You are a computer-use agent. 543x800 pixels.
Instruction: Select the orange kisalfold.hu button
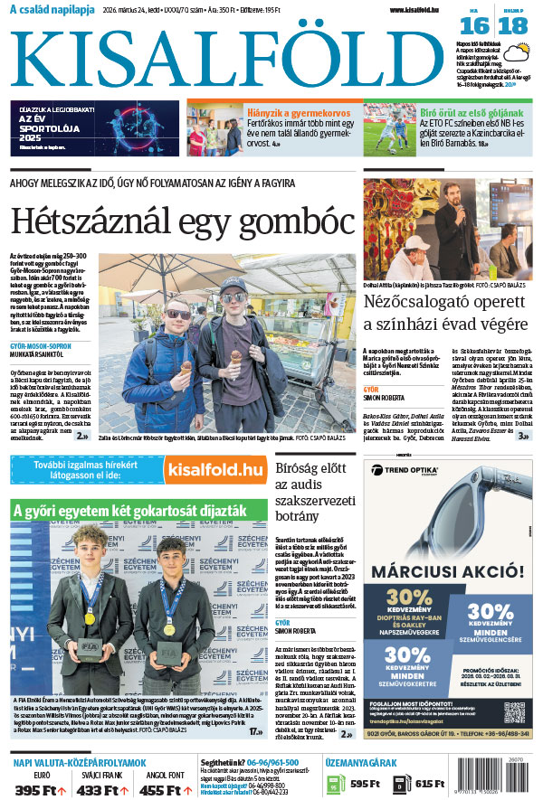(x=214, y=469)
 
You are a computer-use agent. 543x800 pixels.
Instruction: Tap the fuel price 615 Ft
(x=430, y=784)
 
